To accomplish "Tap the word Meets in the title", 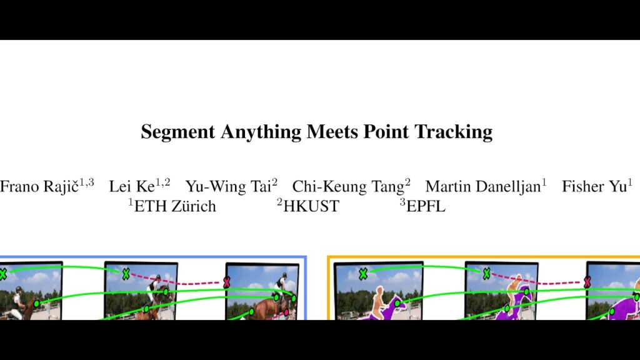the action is [x=332, y=131].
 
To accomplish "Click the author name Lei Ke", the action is [x=132, y=186].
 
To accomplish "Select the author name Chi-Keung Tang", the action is [x=348, y=186].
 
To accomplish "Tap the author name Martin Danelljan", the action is [x=483, y=186].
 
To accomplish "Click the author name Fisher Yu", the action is [x=594, y=186].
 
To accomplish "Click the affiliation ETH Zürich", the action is [x=175, y=206].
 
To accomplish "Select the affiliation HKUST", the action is [x=311, y=206].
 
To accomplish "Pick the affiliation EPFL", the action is [x=426, y=206].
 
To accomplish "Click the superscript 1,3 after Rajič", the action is [x=86, y=182].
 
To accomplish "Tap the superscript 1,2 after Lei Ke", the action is [x=163, y=182].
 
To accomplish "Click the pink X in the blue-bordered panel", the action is [x=226, y=282].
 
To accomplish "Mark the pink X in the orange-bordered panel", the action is [x=587, y=281].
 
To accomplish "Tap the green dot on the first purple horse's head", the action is [x=397, y=303].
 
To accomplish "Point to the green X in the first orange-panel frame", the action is [x=363, y=274].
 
